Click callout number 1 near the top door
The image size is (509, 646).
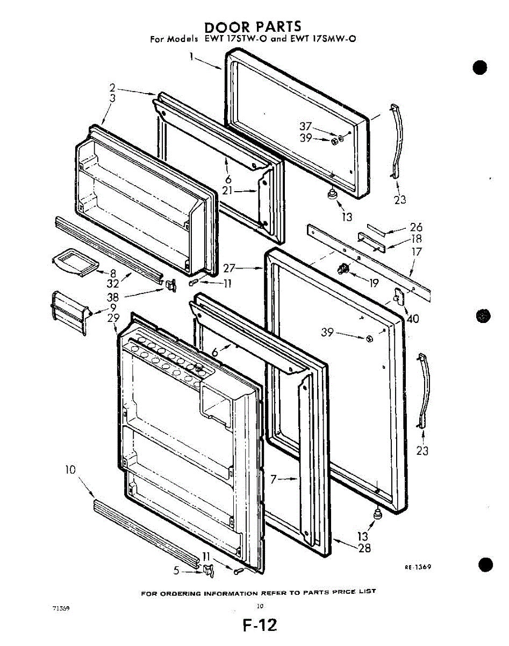click(191, 55)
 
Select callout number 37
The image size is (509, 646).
click(305, 127)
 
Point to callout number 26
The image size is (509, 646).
click(416, 228)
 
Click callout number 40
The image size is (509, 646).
click(413, 318)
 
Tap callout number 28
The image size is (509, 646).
click(364, 549)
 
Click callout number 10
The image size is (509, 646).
click(70, 470)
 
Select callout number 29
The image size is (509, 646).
click(113, 318)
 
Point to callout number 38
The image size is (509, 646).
click(113, 297)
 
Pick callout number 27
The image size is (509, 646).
click(230, 268)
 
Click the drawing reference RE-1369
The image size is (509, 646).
click(418, 567)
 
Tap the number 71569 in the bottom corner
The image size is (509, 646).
click(60, 607)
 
